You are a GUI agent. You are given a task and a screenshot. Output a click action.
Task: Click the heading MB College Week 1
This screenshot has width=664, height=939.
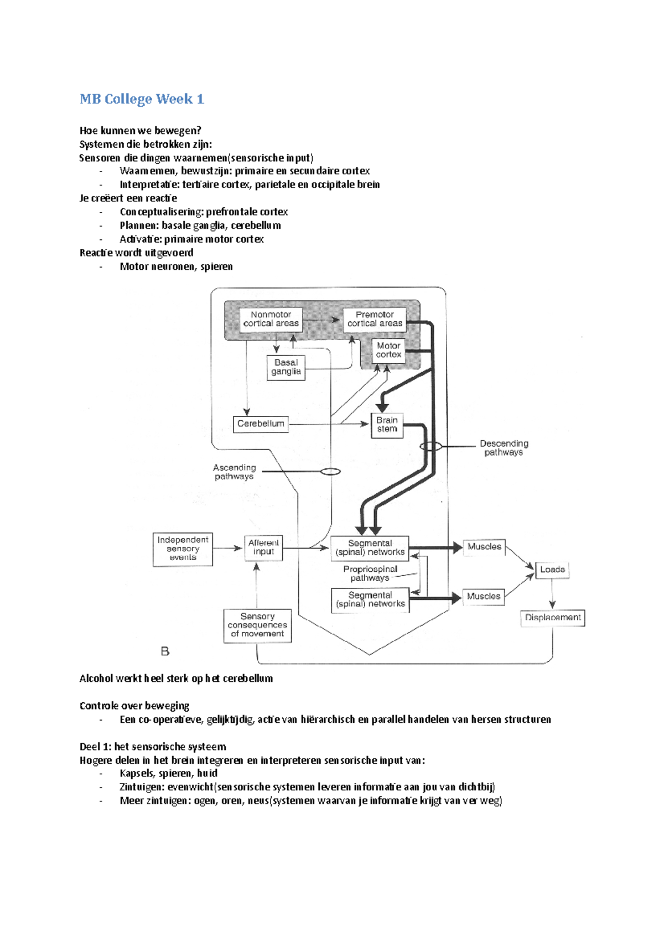click(x=142, y=100)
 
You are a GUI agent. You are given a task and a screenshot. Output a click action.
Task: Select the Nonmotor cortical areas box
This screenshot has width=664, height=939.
click(x=271, y=321)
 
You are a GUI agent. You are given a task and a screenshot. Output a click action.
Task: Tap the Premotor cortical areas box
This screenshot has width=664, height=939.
click(x=375, y=321)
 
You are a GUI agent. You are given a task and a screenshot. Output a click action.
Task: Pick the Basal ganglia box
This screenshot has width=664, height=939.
click(x=286, y=368)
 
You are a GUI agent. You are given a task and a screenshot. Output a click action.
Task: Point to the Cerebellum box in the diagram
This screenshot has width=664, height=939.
click(x=261, y=424)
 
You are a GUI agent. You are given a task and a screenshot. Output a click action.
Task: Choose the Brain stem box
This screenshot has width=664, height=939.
click(x=387, y=425)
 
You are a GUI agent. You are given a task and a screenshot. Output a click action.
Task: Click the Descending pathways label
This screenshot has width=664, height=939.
click(x=504, y=448)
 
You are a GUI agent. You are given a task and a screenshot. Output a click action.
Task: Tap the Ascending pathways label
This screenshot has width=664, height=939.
click(x=234, y=472)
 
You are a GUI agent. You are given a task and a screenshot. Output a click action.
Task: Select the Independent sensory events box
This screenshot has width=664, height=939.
click(x=183, y=549)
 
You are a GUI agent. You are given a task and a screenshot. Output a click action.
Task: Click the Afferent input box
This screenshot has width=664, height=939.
click(x=263, y=548)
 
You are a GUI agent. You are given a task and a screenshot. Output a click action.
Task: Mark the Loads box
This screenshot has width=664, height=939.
click(x=552, y=570)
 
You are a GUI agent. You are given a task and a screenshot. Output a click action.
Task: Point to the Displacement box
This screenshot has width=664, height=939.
click(x=552, y=618)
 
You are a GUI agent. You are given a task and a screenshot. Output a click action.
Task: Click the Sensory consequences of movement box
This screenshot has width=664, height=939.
click(x=257, y=625)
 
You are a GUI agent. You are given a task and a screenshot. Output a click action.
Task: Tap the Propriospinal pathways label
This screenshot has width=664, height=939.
click(x=370, y=573)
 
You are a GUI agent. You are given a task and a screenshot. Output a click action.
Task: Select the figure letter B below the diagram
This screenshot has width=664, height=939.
click(x=165, y=651)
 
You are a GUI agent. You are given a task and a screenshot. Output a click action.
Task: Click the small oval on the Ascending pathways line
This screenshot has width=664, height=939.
click(x=330, y=472)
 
